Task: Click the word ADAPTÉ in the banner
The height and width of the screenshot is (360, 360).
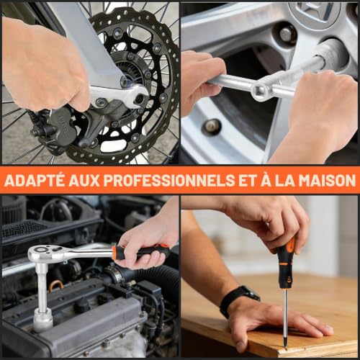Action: [x=35, y=180]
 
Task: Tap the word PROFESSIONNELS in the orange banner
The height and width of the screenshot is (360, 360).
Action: [x=169, y=180]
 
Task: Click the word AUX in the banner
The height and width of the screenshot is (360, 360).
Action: [x=84, y=180]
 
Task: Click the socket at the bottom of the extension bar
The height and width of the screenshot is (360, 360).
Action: [x=43, y=320]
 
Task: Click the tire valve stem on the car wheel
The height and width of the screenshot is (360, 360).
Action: [x=211, y=126]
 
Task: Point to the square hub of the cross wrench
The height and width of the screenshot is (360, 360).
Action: [x=261, y=91]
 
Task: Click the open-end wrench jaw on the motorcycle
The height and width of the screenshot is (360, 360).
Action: [x=138, y=96]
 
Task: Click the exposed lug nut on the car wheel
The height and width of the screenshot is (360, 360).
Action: [x=287, y=35]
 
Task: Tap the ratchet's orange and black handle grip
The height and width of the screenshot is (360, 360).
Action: [x=142, y=253]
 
